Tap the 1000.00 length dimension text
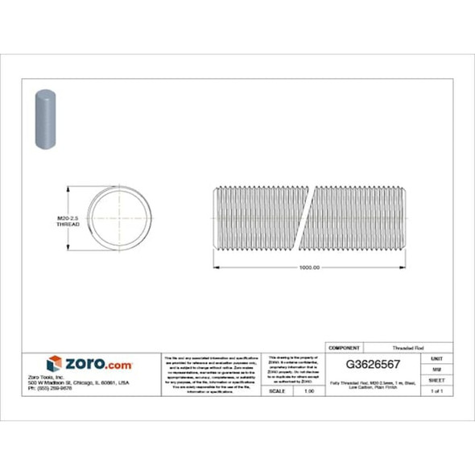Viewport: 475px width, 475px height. click(x=309, y=267)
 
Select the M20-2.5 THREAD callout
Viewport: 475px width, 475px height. click(x=68, y=221)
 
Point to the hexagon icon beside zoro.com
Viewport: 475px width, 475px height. click(x=54, y=363)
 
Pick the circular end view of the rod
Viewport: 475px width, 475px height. click(x=119, y=220)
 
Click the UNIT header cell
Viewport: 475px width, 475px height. click(x=436, y=357)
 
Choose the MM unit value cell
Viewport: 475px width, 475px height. click(x=436, y=368)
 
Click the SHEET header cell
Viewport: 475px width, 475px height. click(x=436, y=379)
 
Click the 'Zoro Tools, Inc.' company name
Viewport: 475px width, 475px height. click(x=68, y=377)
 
